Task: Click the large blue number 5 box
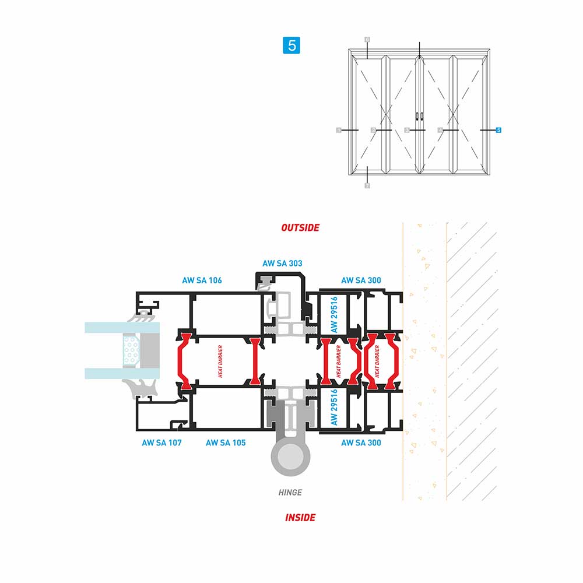coord(291,45)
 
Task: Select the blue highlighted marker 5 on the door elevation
coord(498,130)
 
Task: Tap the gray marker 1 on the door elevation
coord(339,130)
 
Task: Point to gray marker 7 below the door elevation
coord(367,185)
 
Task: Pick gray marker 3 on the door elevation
coord(407,130)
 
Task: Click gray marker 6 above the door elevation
coord(367,40)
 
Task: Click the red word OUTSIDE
coord(300,227)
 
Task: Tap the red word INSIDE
coord(300,517)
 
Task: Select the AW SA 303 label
coord(282,264)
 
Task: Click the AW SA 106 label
coord(202,280)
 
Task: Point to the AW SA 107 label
coord(161,443)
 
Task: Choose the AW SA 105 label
coord(226,443)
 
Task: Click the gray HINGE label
coord(290,493)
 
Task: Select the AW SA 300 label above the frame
coord(361,280)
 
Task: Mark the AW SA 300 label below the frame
coord(361,443)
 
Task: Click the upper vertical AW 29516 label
coord(334,314)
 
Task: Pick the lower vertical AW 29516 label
coord(334,408)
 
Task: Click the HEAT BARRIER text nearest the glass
coord(220,361)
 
